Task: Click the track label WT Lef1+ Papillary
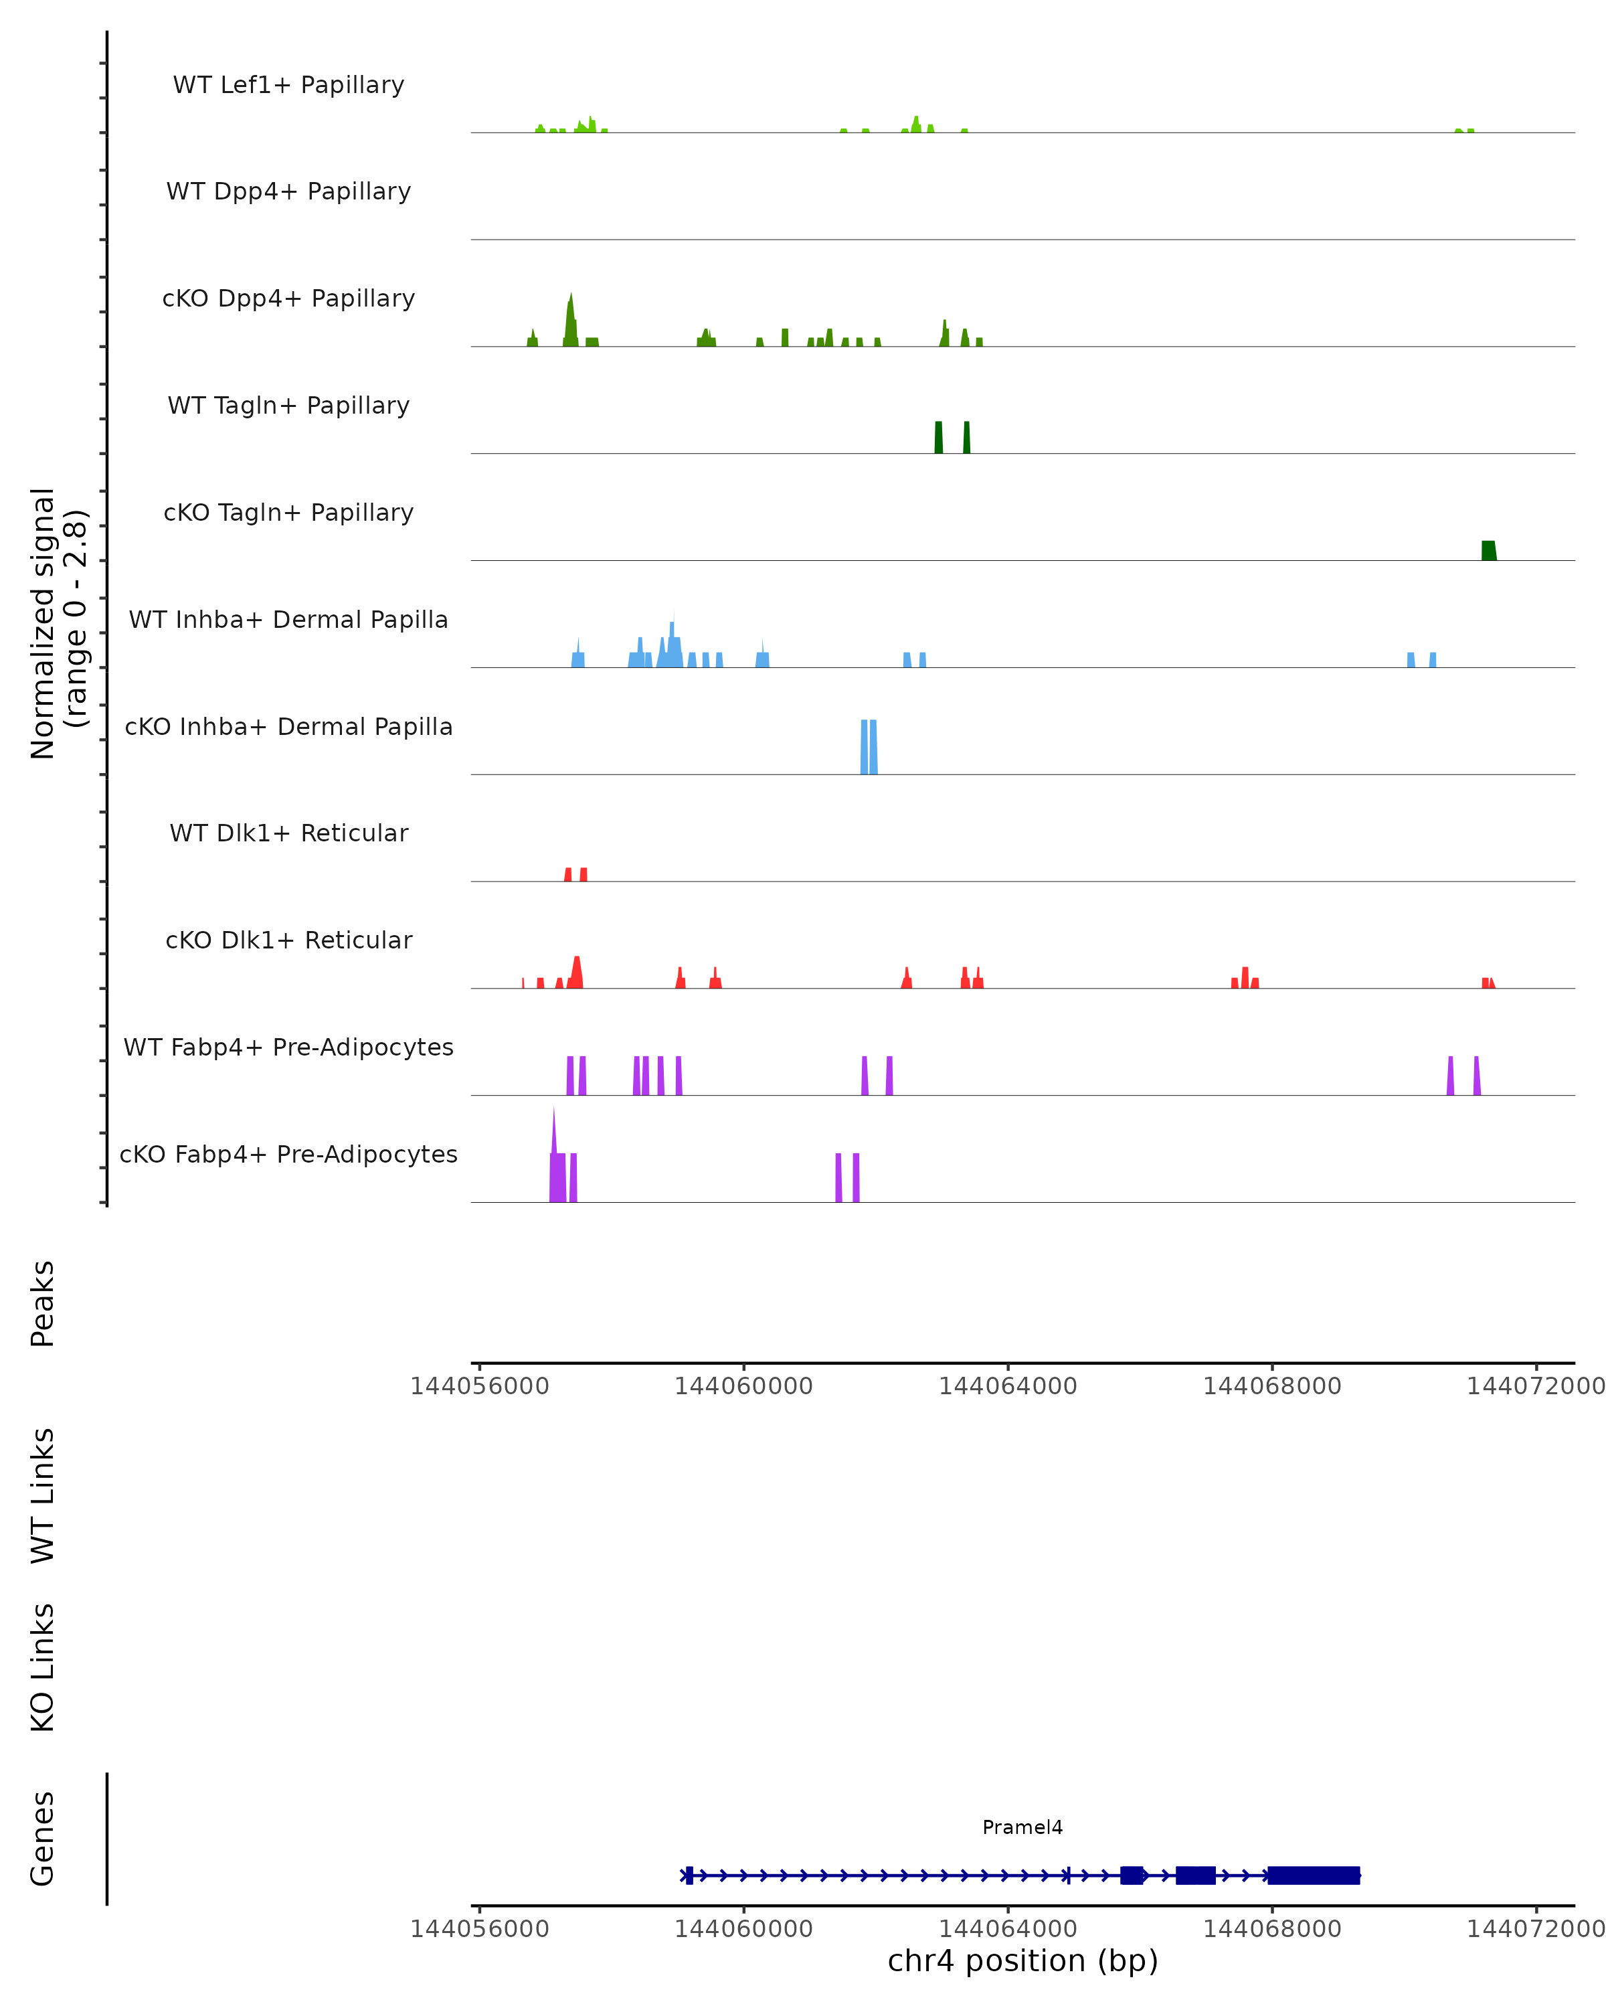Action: click(x=288, y=85)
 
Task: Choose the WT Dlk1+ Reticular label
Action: click(x=288, y=833)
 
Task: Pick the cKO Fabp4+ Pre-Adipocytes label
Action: click(x=288, y=1154)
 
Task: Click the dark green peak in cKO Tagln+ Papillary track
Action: click(x=1489, y=550)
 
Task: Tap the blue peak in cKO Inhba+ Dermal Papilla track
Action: click(x=869, y=747)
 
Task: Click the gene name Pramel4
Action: click(x=1022, y=1827)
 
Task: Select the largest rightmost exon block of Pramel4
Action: click(x=1314, y=1875)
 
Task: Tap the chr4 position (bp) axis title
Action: click(x=1022, y=1960)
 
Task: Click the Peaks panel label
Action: click(x=43, y=1303)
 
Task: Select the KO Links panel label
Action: click(x=43, y=1667)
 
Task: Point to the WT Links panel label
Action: click(x=43, y=1495)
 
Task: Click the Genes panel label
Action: click(x=43, y=1839)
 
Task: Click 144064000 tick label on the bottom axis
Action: click(x=1007, y=1929)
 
